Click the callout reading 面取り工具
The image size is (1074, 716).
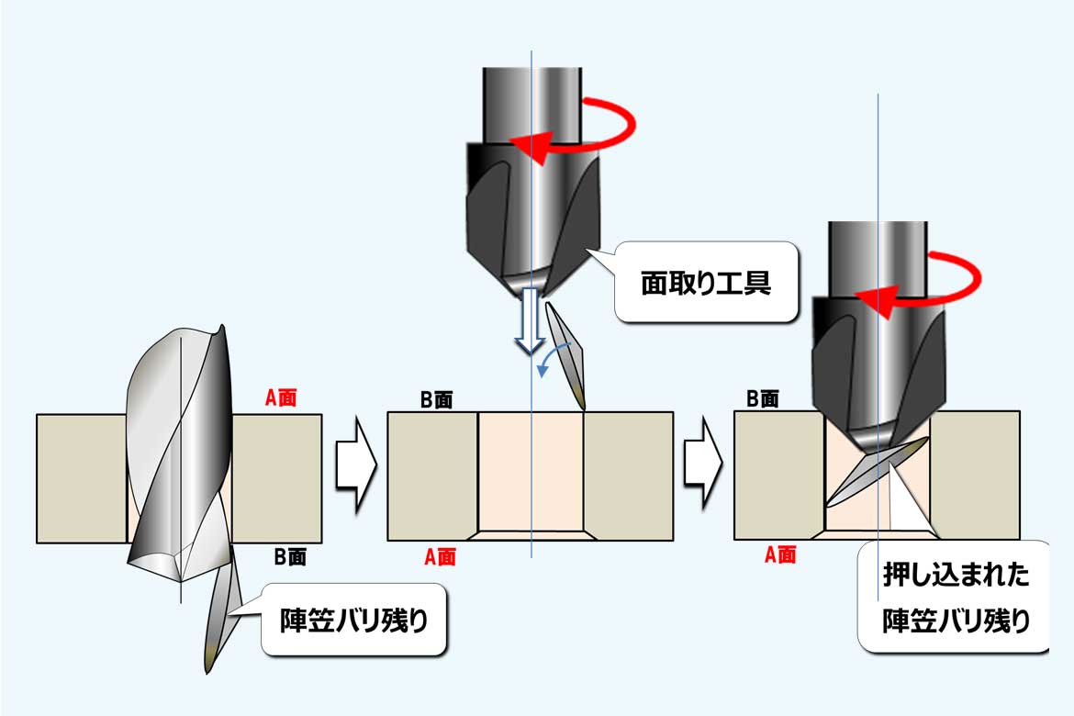click(706, 282)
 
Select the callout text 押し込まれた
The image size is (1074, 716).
click(956, 576)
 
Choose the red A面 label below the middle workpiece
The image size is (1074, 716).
click(440, 556)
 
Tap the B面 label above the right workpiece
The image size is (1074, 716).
click(763, 398)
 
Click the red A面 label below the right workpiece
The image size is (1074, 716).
click(780, 555)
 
